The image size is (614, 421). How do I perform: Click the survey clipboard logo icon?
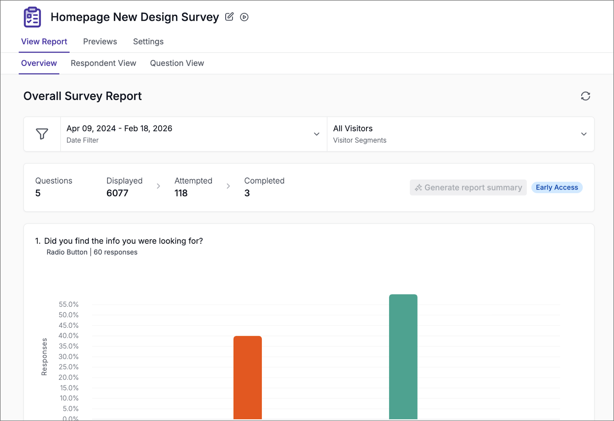(32, 17)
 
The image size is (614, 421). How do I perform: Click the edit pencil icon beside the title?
(229, 17)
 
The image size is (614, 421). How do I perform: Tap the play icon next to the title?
(244, 17)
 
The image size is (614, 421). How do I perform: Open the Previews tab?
(100, 41)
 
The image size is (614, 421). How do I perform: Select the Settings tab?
(148, 41)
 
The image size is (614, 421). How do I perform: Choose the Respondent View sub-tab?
(103, 63)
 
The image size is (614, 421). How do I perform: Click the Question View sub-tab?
(177, 63)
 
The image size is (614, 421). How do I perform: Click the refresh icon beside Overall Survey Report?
(585, 96)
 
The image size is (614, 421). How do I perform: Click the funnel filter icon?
(42, 134)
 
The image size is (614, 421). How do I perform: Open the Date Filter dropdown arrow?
(317, 134)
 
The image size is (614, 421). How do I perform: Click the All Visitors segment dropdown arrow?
(584, 134)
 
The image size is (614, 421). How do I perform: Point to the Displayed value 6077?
(117, 193)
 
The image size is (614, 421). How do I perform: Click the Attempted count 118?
(181, 193)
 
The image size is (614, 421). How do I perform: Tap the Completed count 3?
(247, 193)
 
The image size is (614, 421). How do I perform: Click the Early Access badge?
(557, 187)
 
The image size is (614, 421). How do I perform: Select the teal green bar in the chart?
(403, 357)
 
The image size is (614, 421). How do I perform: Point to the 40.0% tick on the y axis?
(68, 336)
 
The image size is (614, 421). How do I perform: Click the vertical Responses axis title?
(44, 357)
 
